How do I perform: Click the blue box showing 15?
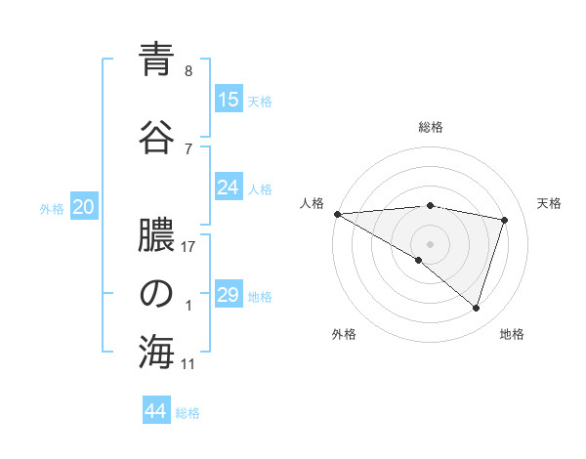[229, 100]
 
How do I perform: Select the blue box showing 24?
[229, 188]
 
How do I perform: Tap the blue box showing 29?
[229, 295]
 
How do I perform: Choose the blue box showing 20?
[83, 207]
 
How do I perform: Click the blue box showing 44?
[156, 411]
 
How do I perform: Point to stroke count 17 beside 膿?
[189, 247]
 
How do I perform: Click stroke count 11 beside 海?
[188, 364]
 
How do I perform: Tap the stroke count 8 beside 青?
[188, 71]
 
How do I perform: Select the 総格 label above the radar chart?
[431, 127]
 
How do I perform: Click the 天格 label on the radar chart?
[549, 203]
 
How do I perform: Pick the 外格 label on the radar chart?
[344, 334]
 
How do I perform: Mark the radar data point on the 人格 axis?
[337, 213]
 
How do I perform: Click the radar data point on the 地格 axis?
[477, 308]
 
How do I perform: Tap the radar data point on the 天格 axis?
[505, 220]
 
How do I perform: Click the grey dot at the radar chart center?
[430, 242]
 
